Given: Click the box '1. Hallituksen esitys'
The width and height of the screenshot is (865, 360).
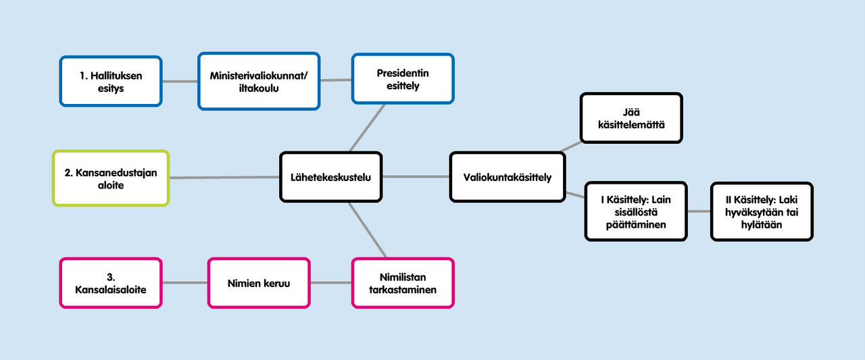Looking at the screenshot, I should coord(111,81).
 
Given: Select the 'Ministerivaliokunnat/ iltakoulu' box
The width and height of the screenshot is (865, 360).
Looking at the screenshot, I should coord(259,81).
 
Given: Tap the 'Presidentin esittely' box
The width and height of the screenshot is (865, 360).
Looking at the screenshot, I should coord(403,80).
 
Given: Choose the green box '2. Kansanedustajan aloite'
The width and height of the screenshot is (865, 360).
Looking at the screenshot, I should coord(111,178).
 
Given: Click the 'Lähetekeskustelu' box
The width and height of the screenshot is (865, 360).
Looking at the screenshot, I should coord(331,177).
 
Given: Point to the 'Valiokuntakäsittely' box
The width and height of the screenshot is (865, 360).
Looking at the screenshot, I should coord(508,177).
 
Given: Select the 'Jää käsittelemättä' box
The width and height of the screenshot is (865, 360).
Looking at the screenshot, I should coord(631,118).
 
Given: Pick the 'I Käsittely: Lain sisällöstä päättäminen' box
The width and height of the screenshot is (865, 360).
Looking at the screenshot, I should coord(636,211).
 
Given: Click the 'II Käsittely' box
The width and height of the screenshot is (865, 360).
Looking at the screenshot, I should coord(762,211).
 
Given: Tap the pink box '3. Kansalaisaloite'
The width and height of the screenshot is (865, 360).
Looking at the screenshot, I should coord(111,283).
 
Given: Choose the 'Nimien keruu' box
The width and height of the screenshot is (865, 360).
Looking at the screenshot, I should coord(259,283).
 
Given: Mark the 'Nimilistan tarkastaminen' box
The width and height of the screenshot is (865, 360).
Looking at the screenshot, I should coord(403,283).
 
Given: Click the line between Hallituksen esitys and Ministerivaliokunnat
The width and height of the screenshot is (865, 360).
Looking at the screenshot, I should coord(180,81).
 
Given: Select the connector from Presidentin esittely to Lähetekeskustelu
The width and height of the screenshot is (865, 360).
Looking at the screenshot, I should coord(367,128).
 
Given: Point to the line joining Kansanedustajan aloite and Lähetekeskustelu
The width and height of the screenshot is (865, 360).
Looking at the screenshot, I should coord(224,178).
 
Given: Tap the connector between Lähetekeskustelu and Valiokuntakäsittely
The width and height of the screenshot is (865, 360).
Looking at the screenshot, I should coord(416,177).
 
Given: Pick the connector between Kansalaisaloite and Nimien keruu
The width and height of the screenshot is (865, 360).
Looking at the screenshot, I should coord(184,283).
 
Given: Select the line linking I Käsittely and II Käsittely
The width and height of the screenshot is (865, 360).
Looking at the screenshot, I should coord(699,211).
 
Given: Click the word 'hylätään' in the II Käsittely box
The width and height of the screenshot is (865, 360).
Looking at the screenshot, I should coord(762,225).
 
